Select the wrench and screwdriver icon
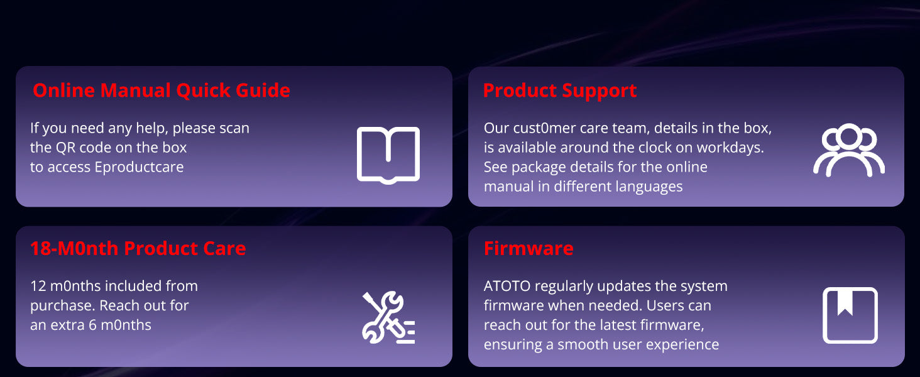point(388,317)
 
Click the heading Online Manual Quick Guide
point(162,90)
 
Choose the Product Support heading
point(560,90)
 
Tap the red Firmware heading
point(528,248)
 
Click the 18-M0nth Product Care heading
point(138,248)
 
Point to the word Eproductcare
point(140,167)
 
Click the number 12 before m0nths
point(38,286)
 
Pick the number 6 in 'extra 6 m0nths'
point(93,325)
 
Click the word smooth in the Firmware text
point(581,344)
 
